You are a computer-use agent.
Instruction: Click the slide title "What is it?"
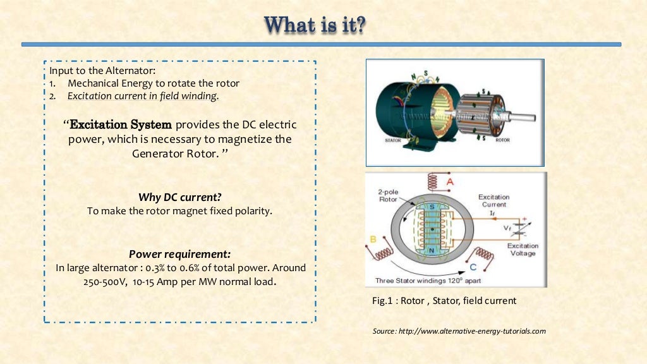click(x=315, y=26)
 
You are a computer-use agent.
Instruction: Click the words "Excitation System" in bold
click(x=120, y=124)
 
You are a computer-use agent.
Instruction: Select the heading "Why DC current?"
click(x=179, y=197)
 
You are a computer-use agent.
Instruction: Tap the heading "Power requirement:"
click(x=179, y=254)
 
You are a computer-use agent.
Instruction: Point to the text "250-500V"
click(x=104, y=282)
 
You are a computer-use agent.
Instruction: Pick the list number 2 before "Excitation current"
click(x=52, y=96)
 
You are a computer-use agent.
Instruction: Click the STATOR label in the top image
click(x=393, y=140)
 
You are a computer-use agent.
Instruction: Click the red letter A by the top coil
click(x=450, y=181)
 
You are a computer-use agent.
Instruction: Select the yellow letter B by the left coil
click(x=373, y=240)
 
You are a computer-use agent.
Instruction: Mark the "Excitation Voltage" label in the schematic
click(x=523, y=250)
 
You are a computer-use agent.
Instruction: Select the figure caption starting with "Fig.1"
click(x=444, y=301)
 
